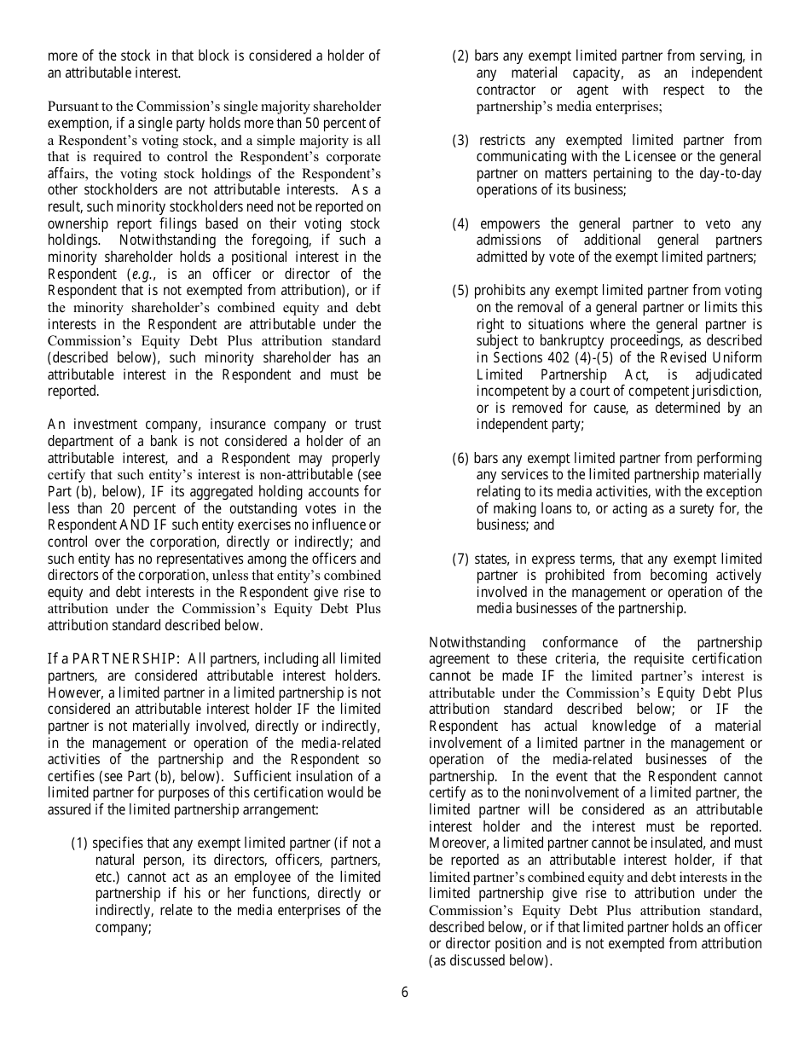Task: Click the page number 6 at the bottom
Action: (405, 992)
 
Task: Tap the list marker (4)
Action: (460, 224)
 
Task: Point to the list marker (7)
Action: (460, 559)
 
